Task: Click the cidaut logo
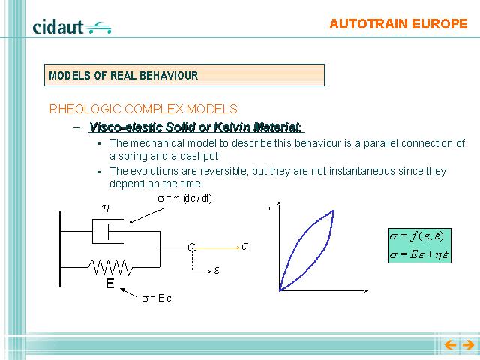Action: pyautogui.click(x=72, y=27)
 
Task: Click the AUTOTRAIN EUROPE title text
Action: pyautogui.click(x=398, y=24)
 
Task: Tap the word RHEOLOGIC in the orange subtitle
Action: pyautogui.click(x=85, y=109)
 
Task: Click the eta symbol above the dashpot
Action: pyautogui.click(x=106, y=208)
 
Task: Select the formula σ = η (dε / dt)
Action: pyautogui.click(x=185, y=199)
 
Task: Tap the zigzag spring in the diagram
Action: pyautogui.click(x=111, y=268)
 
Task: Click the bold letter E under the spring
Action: pyautogui.click(x=110, y=283)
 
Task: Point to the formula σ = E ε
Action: pyautogui.click(x=157, y=298)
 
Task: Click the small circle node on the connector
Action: pyautogui.click(x=192, y=247)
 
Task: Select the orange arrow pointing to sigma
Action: pyautogui.click(x=218, y=247)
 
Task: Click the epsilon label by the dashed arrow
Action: pyautogui.click(x=217, y=270)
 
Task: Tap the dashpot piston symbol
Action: pyautogui.click(x=108, y=232)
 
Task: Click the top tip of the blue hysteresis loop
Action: pyautogui.click(x=333, y=210)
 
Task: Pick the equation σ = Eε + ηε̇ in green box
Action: pyautogui.click(x=419, y=255)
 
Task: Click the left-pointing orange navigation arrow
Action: pyautogui.click(x=450, y=345)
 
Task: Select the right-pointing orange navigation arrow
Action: pyautogui.click(x=468, y=345)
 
